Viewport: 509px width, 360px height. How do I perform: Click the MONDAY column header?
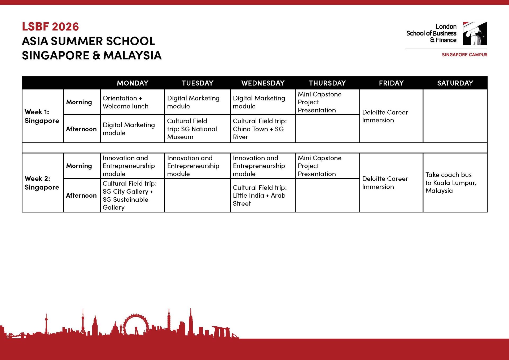click(133, 83)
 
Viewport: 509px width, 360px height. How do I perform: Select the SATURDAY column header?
click(455, 83)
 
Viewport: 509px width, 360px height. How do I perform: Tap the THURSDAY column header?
click(327, 83)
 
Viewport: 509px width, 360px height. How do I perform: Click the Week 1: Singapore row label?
click(42, 116)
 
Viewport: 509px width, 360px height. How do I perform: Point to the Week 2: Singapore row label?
click(42, 183)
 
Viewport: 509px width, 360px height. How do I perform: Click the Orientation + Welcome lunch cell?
click(126, 102)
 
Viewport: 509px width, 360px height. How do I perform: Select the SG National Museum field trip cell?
click(192, 129)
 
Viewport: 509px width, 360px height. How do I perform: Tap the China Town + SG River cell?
click(260, 129)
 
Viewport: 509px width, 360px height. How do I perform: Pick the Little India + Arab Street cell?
click(260, 196)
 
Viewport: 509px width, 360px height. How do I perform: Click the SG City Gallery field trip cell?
click(130, 195)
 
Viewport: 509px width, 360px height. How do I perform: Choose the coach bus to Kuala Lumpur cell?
click(451, 183)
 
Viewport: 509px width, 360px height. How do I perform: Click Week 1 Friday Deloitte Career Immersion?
click(385, 116)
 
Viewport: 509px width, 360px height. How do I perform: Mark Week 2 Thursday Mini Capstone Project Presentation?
click(319, 166)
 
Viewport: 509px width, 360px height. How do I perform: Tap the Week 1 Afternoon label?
click(81, 129)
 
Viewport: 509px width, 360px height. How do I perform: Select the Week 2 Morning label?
click(79, 166)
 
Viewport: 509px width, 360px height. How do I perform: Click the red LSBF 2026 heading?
click(50, 27)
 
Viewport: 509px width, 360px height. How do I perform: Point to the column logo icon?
click(475, 33)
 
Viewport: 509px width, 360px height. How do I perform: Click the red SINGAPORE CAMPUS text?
click(464, 55)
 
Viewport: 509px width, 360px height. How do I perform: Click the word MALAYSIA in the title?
click(132, 55)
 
